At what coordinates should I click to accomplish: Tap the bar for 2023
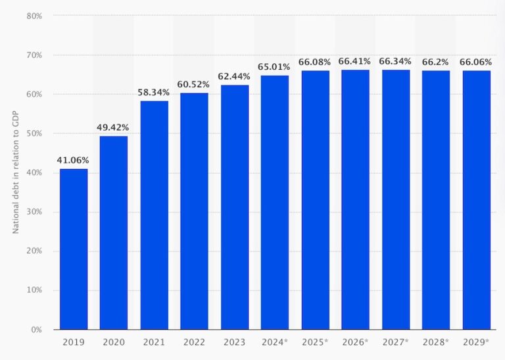click(235, 207)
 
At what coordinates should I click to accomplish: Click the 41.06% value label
click(74, 160)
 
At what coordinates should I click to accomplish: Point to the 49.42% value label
click(114, 127)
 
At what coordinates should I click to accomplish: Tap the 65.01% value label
click(275, 66)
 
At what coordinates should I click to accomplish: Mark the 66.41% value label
click(355, 61)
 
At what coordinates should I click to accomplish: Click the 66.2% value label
click(436, 62)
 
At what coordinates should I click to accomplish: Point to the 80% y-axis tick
click(35, 15)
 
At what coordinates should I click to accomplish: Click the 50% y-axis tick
click(35, 133)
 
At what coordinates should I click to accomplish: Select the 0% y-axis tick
click(37, 329)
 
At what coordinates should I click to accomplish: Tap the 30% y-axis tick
click(35, 211)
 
